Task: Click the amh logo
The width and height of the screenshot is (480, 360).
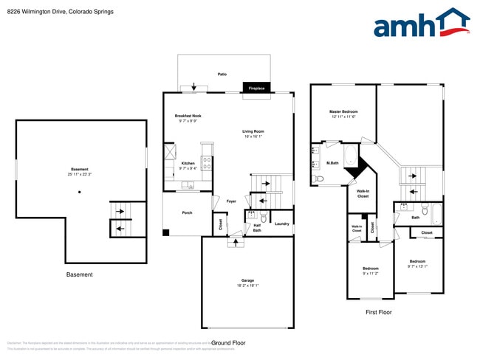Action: pos(422,24)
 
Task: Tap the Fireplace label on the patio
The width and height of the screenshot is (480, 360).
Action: pos(257,88)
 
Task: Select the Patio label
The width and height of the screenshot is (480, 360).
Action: pos(222,75)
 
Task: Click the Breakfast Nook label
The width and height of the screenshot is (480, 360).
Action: pos(188,116)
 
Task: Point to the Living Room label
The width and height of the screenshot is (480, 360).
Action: pos(253,132)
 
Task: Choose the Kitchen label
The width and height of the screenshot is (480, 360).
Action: pos(188,163)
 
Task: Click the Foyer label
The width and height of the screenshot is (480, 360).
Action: pos(231,201)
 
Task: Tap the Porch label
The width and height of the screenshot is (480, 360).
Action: pos(188,212)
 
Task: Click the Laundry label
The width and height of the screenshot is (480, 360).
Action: pos(281,224)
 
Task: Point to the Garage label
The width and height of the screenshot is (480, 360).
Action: pos(247,280)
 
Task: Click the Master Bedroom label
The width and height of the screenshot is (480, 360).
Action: pos(343,112)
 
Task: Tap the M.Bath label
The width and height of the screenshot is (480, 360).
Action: pos(332,163)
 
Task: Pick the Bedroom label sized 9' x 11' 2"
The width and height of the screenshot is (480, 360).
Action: pos(370,269)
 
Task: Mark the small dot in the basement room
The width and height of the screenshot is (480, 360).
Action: pos(79,192)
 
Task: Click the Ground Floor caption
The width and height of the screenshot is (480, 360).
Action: pos(228,343)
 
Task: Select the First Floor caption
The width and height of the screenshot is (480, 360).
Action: pos(379,312)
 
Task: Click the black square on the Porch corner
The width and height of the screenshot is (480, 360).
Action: pos(166,232)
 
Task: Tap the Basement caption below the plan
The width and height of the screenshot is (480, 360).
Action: pos(80,274)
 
